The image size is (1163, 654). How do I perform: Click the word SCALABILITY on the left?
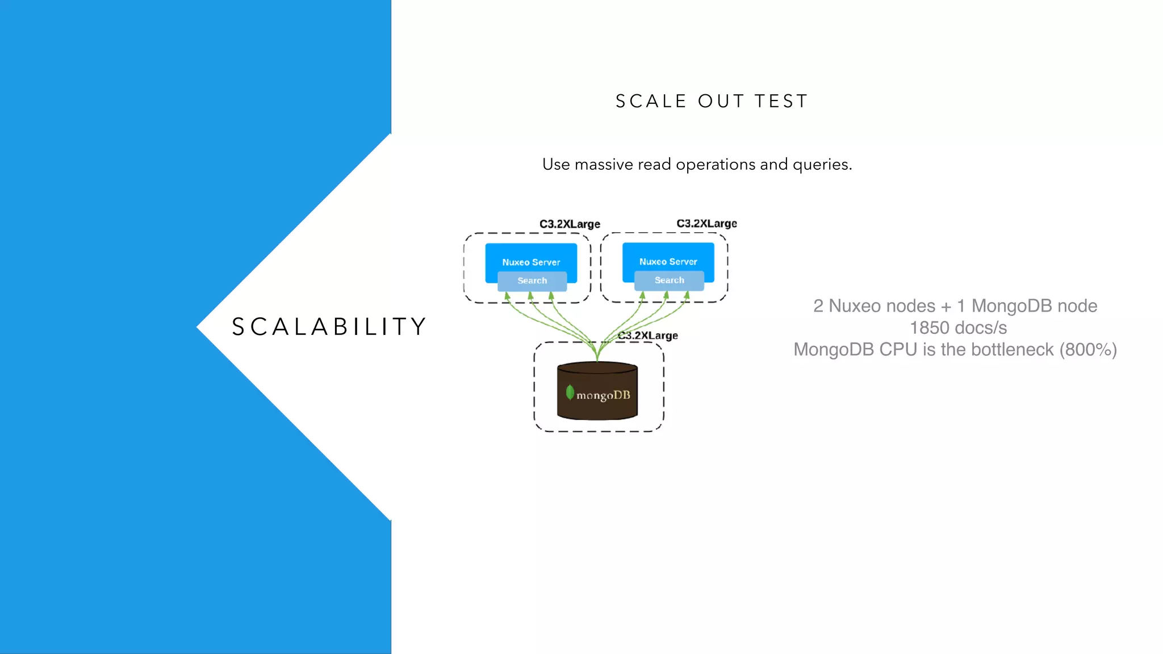point(329,327)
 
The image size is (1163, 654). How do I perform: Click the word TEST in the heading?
point(781,102)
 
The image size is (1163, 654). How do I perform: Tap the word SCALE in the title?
point(651,102)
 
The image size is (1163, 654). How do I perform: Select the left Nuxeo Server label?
point(531,262)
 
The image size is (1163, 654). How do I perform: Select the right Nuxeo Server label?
point(668,262)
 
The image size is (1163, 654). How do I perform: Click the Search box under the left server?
point(532,281)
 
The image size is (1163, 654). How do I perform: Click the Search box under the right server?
point(669,280)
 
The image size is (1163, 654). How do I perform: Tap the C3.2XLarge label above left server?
point(570,224)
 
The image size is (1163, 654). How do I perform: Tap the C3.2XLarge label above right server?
point(706,224)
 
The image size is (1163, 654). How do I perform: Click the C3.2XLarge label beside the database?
point(648,336)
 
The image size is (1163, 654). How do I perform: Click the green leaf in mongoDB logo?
point(570,392)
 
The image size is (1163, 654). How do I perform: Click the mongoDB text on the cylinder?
point(603,395)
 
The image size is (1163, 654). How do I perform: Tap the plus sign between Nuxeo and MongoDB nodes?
point(946,307)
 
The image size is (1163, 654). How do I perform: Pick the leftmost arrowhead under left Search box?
point(507,296)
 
